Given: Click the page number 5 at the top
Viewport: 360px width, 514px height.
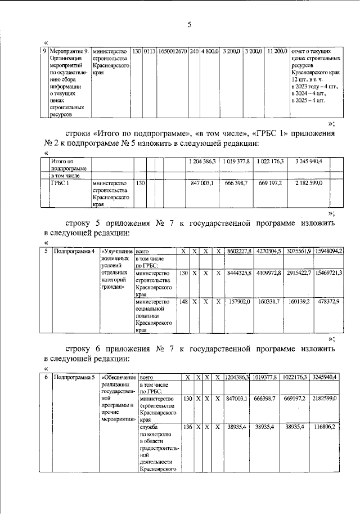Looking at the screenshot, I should [x=189, y=24].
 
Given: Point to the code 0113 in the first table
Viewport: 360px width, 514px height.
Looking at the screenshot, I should [x=149, y=52].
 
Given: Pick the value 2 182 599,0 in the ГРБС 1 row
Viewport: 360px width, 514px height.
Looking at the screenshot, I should [x=308, y=183].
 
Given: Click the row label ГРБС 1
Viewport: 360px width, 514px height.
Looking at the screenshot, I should [x=58, y=183].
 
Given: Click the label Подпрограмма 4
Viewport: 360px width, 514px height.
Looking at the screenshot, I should [x=73, y=251].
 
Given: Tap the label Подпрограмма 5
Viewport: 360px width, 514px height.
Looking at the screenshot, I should [x=73, y=377].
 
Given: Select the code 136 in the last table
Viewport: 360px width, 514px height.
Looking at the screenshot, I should [x=187, y=427].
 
